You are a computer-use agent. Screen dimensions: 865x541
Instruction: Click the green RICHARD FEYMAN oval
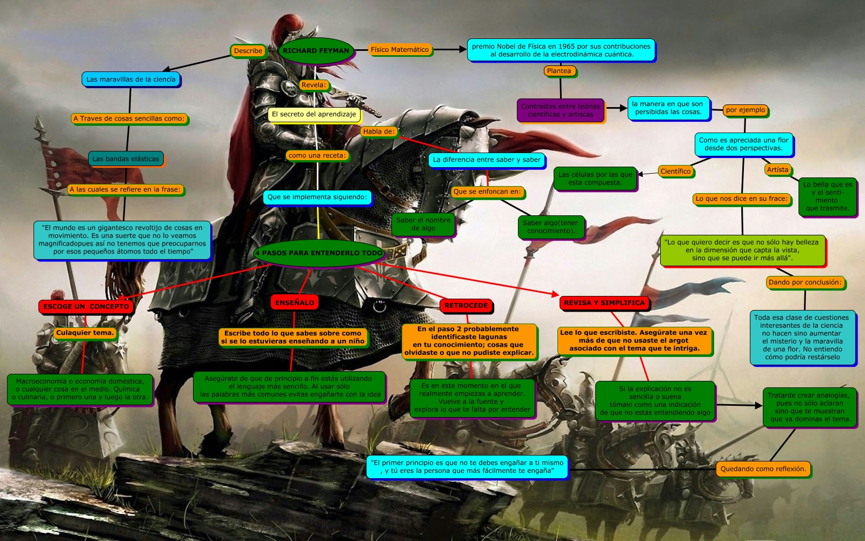316,51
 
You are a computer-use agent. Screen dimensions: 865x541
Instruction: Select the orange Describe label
248,51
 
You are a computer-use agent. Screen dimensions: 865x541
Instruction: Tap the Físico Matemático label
400,50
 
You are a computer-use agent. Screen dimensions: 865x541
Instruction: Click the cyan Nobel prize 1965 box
561,50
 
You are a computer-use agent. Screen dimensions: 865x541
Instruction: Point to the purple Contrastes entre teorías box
560,110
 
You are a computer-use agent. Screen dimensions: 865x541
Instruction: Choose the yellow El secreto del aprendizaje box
314,115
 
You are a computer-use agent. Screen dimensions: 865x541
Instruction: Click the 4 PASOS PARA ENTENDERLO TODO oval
319,253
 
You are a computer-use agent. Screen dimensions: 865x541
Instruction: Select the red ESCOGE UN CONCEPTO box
86,307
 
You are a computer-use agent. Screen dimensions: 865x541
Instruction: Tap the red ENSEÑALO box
294,303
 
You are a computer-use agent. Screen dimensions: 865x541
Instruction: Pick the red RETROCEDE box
465,306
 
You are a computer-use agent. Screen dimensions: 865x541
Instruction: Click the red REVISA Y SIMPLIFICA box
604,303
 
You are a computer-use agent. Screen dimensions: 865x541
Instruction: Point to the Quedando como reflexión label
763,469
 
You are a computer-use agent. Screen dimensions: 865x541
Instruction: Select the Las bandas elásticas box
126,159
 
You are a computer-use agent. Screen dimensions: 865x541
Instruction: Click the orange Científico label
675,171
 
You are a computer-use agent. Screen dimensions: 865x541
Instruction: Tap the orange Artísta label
777,170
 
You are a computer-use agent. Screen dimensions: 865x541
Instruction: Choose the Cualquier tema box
85,333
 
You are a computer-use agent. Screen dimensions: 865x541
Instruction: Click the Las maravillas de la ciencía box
131,80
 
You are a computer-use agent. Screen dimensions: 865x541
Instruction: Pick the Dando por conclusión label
805,282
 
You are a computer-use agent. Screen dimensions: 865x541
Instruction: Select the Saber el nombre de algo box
423,224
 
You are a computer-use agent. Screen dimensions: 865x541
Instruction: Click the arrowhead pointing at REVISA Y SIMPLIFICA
555,294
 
